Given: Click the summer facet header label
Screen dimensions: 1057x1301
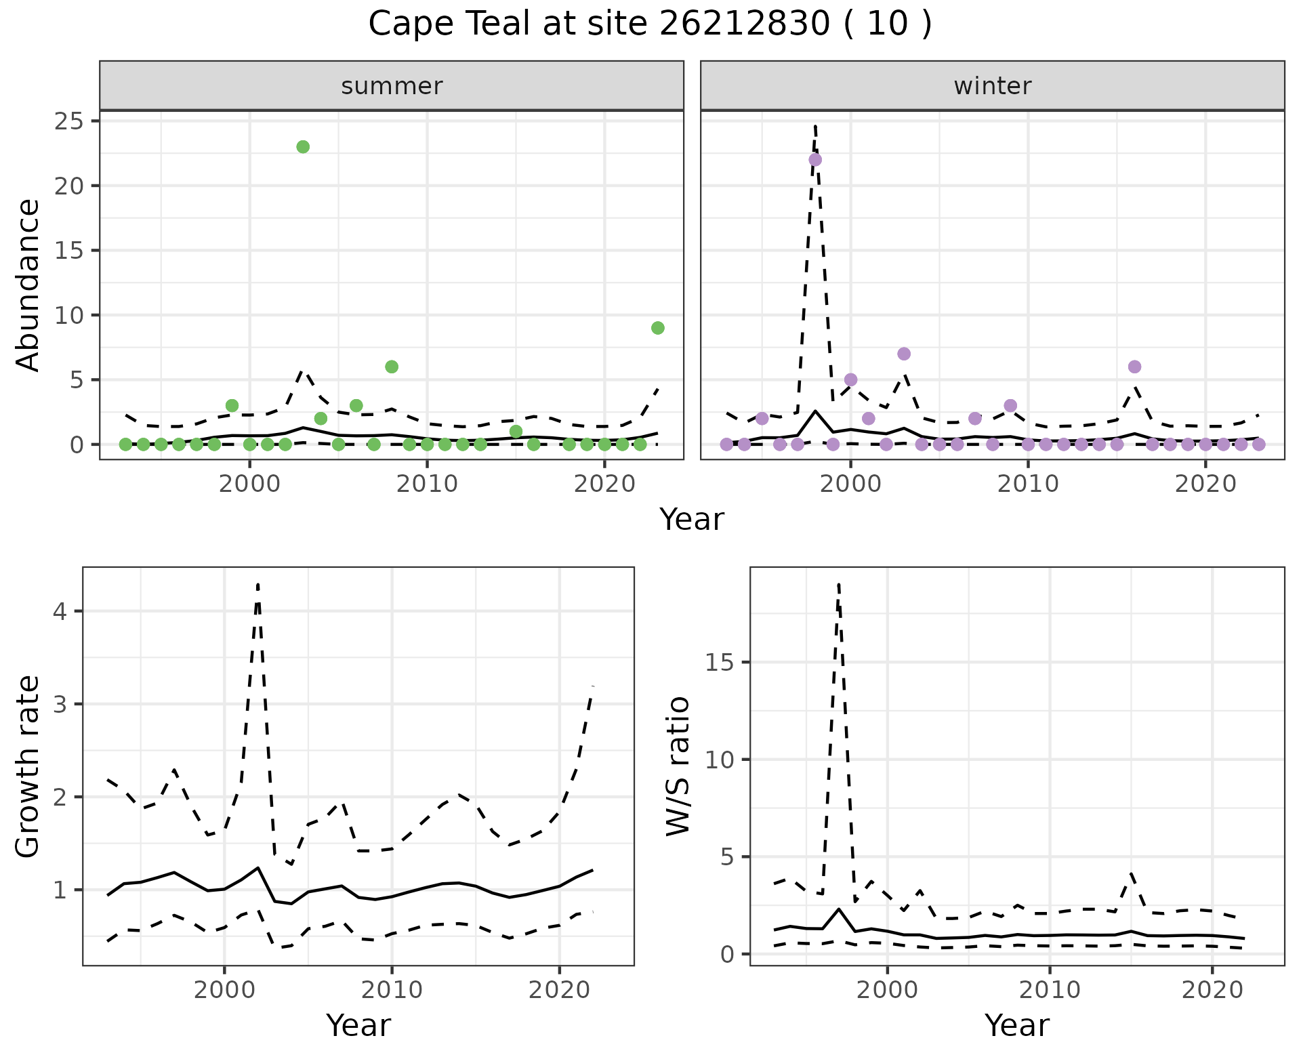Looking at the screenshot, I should (x=392, y=86).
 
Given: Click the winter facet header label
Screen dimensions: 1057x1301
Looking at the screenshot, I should (x=992, y=86).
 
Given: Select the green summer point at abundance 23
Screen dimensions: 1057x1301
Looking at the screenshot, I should (x=303, y=147).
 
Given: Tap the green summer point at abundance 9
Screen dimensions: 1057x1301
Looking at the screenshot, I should (x=657, y=328).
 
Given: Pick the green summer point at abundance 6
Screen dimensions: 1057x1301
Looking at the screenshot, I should (x=391, y=367).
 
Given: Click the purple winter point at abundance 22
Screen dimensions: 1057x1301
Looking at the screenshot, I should (x=815, y=160).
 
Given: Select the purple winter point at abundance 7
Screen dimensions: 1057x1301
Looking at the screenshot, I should (x=903, y=354).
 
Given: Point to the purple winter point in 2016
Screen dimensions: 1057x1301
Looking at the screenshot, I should (x=1134, y=367).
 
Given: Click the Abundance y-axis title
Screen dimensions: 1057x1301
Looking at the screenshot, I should (x=28, y=285).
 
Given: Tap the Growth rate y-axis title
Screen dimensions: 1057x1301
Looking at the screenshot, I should (x=28, y=766).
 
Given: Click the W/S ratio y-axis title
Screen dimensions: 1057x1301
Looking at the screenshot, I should (x=678, y=766).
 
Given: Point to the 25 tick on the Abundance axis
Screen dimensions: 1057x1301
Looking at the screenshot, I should (x=68, y=122).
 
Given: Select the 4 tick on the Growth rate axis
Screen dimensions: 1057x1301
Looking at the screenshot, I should (x=59, y=612).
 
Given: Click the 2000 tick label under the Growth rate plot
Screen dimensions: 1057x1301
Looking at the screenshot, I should (x=224, y=990).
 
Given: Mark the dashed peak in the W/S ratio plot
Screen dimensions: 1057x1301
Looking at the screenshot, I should (x=839, y=585).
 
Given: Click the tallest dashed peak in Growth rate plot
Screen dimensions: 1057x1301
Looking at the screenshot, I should (x=258, y=585).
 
